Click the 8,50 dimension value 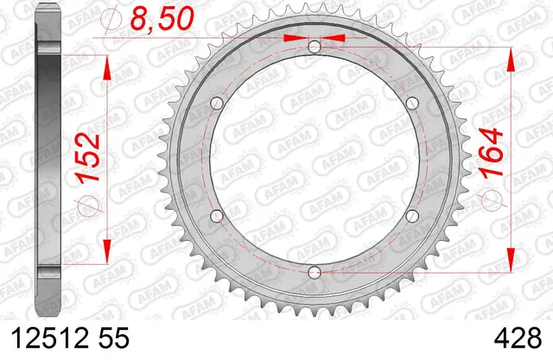coord(162,18)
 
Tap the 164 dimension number coord(491,151)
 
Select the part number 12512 coord(50,338)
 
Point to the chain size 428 coord(518,338)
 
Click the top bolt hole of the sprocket coord(315,47)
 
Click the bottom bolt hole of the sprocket coord(315,272)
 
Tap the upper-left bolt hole coord(217,104)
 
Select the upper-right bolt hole coord(412,104)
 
